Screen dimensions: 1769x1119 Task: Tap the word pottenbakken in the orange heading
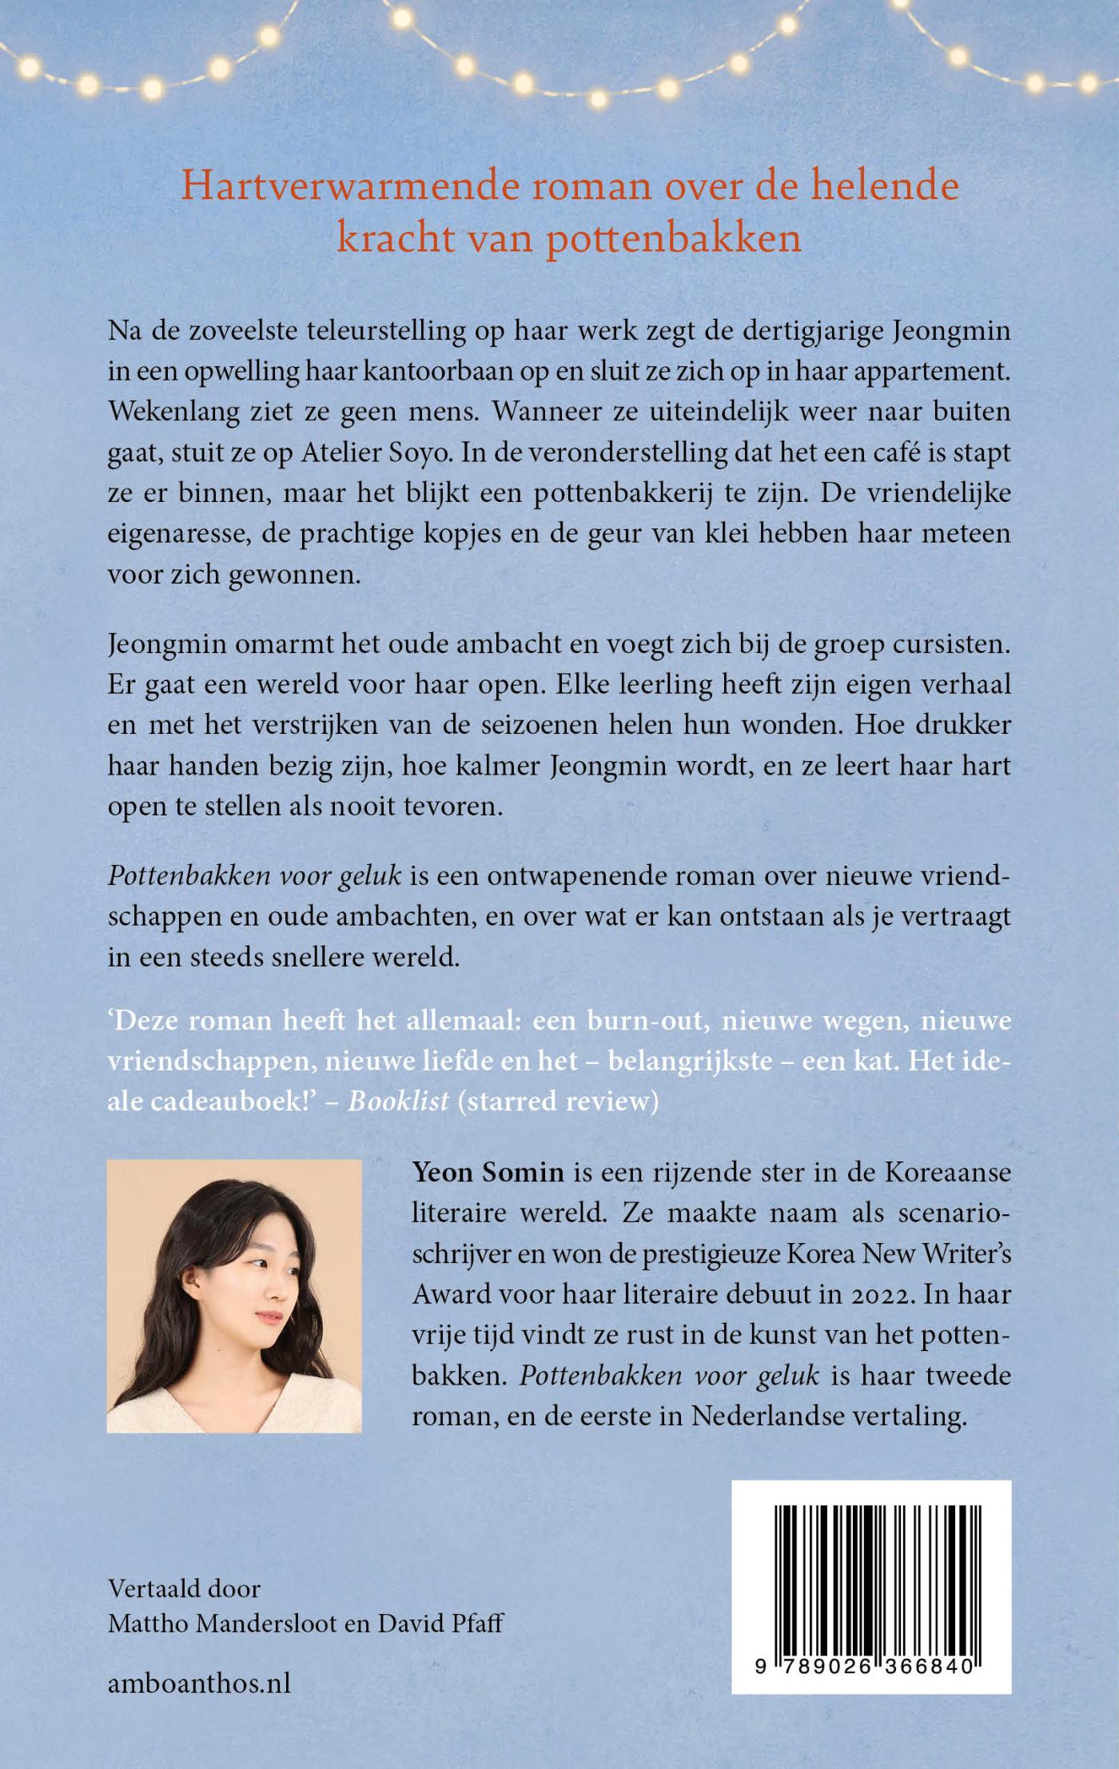[x=674, y=239]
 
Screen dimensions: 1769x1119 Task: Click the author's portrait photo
[x=234, y=1296]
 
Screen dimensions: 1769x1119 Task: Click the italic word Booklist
[x=398, y=1102]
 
